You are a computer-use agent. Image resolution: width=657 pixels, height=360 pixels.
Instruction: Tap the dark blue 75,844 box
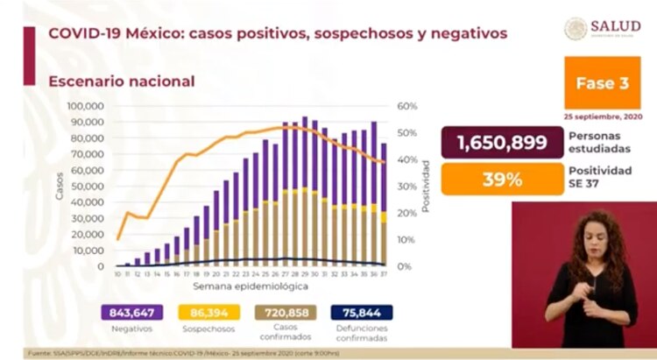click(x=361, y=313)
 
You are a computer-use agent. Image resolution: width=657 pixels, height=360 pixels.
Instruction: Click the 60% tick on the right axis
click(x=407, y=106)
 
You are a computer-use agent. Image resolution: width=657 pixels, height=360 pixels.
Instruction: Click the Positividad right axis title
click(x=427, y=186)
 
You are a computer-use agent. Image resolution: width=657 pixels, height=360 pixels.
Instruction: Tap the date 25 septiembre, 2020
click(x=603, y=116)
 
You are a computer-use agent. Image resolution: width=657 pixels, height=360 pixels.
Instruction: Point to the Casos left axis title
click(x=60, y=186)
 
